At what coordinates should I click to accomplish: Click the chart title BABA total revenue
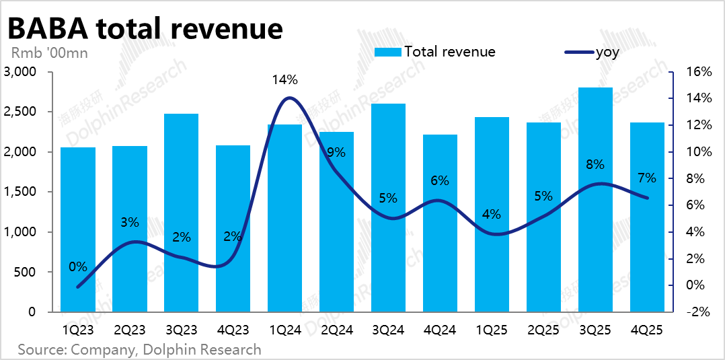[144, 28]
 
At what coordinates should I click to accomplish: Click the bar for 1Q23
[78, 229]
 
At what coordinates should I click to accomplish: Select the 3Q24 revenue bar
[388, 208]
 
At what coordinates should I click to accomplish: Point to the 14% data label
[284, 80]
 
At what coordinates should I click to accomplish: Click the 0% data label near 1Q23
[78, 266]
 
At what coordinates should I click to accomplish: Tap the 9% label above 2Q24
[336, 153]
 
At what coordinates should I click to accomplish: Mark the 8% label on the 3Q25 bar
[595, 164]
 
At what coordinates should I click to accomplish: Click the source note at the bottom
[139, 349]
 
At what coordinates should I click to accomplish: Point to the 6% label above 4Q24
[440, 180]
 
